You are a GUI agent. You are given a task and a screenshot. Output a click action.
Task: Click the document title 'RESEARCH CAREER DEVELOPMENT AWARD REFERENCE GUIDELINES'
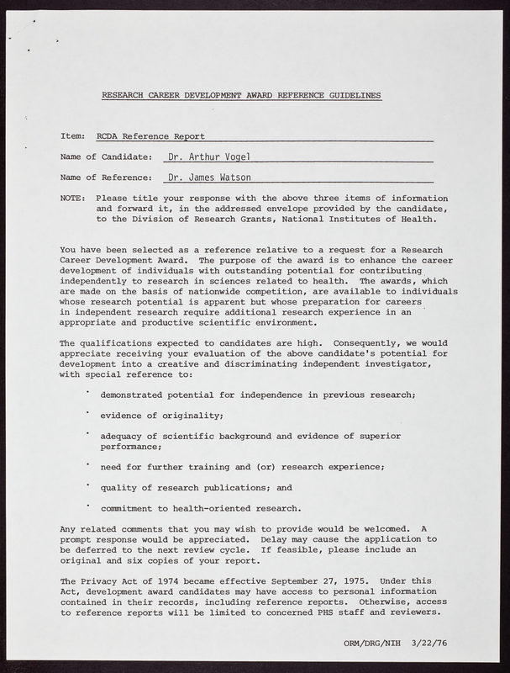[x=241, y=96]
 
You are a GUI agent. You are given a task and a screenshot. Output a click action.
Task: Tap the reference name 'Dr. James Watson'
[x=209, y=178]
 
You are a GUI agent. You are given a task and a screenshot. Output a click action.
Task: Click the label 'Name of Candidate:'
[x=106, y=156]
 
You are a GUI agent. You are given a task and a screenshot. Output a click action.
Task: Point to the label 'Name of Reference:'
[x=106, y=178]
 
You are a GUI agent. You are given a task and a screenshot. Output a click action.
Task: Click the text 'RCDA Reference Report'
[x=150, y=135]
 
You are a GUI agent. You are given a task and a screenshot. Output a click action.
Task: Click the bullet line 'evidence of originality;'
[x=161, y=415]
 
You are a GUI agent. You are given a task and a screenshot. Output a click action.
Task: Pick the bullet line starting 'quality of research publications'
[x=196, y=486]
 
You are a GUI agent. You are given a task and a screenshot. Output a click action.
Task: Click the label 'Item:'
[x=72, y=135]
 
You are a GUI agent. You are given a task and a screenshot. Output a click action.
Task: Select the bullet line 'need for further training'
[x=242, y=466]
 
